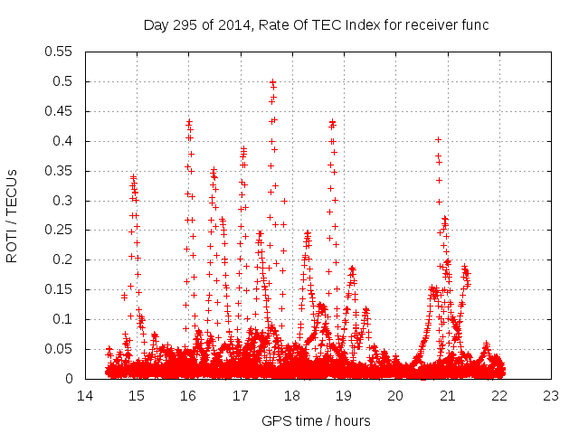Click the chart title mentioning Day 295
click(x=316, y=24)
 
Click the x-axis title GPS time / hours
click(x=316, y=420)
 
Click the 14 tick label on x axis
click(x=85, y=396)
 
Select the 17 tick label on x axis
click(x=241, y=396)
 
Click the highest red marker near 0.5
click(x=272, y=81)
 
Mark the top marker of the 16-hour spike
click(x=189, y=121)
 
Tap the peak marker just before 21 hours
click(x=438, y=139)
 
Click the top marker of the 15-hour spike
click(x=134, y=176)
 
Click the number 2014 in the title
click(x=232, y=24)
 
